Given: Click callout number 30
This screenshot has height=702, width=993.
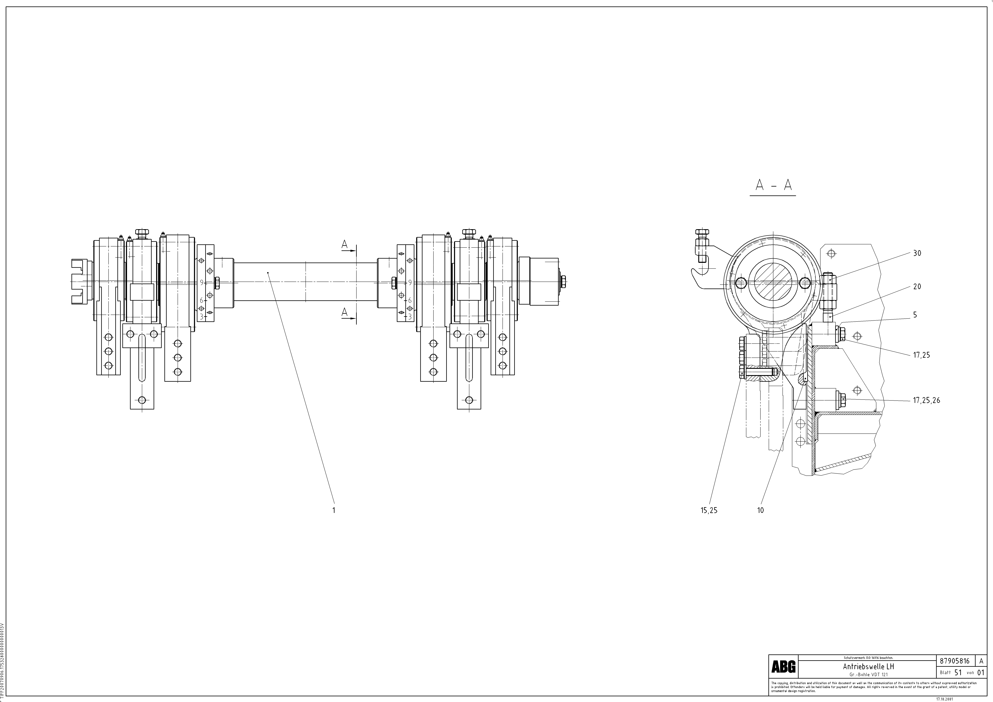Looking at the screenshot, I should click(x=917, y=253).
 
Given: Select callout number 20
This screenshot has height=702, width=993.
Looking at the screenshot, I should click(x=917, y=287).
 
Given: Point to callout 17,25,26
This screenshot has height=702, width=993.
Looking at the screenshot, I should click(x=926, y=401).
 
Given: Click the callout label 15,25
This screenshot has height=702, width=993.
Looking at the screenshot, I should click(x=709, y=510).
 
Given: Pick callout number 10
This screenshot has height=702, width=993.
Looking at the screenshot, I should click(x=760, y=510).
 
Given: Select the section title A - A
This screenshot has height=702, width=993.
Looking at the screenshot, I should click(x=773, y=185).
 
